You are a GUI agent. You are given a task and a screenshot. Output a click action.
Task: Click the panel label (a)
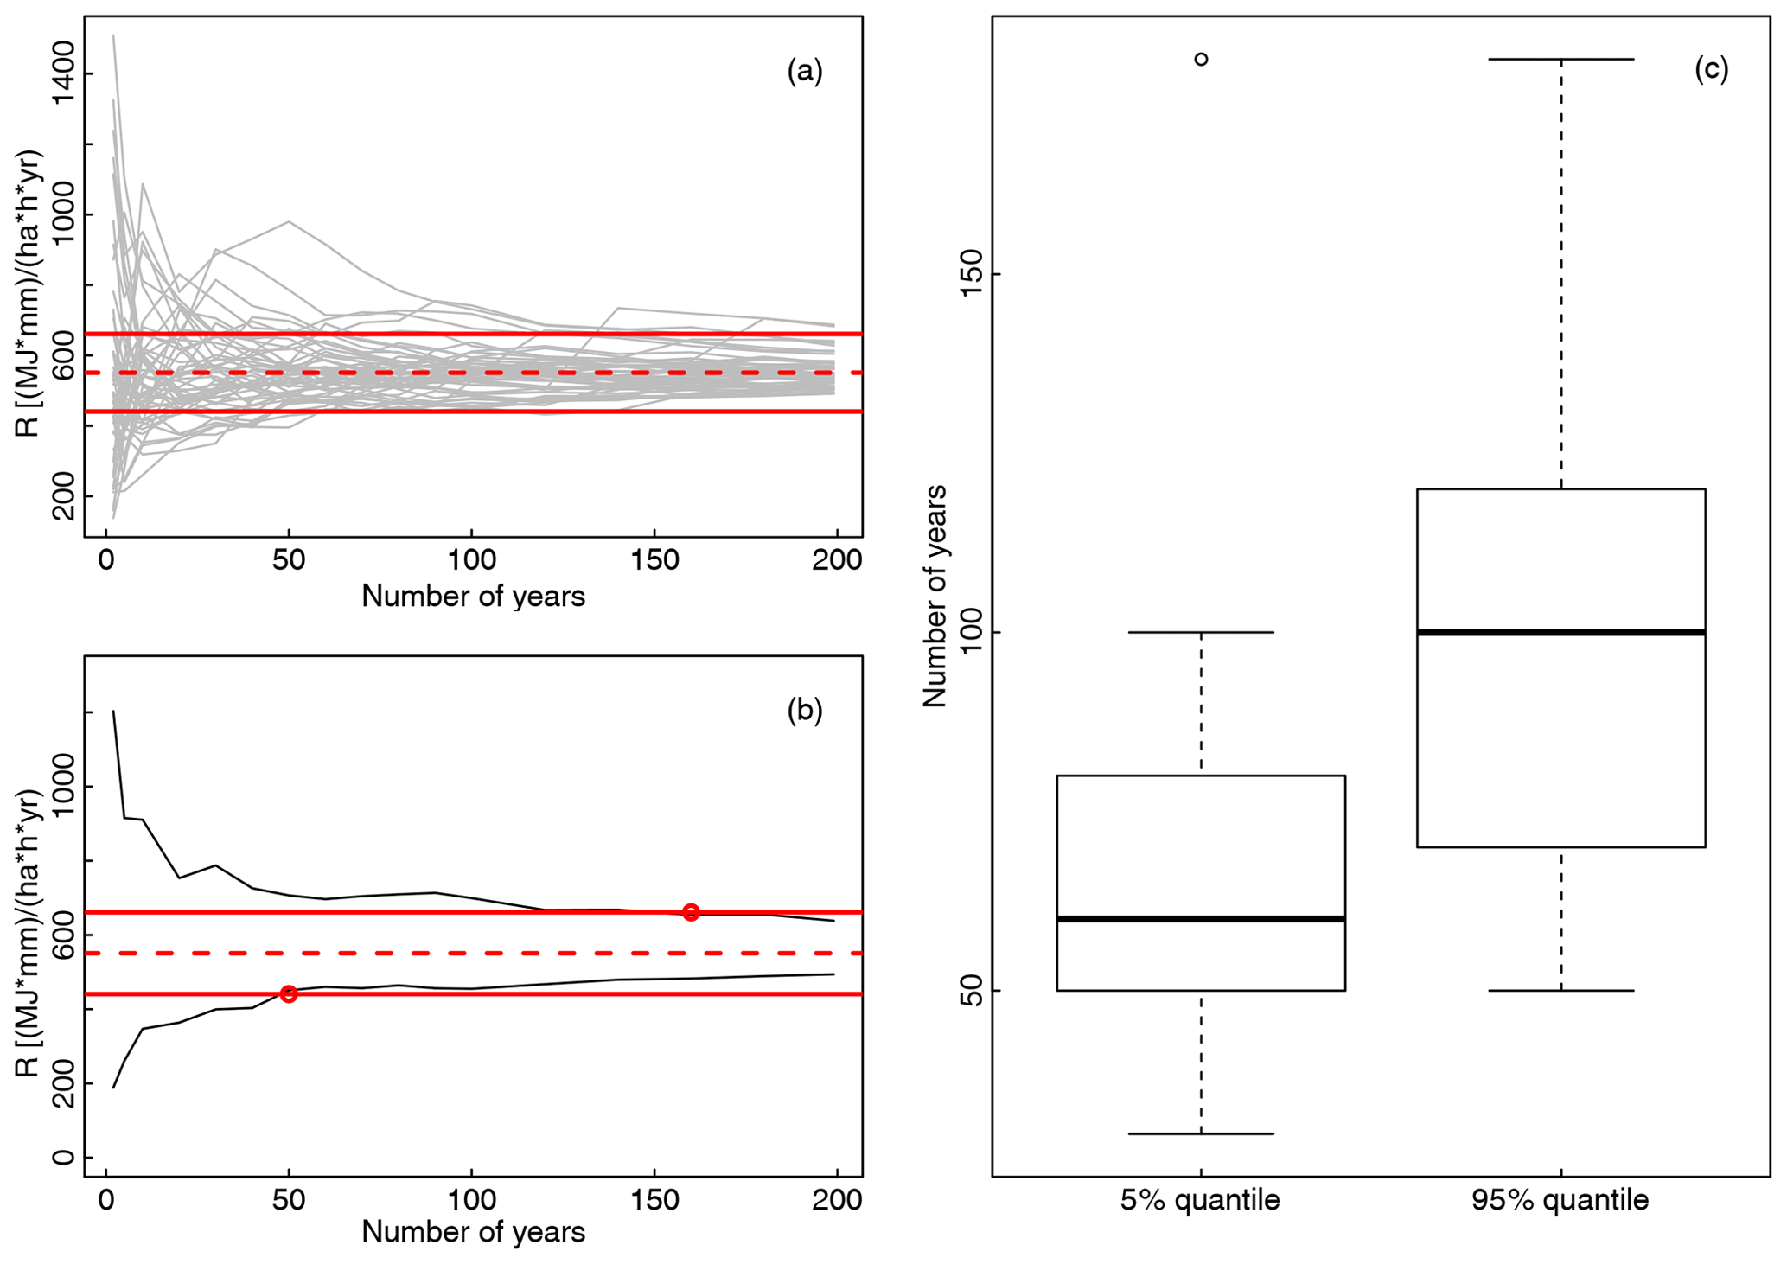[x=804, y=71]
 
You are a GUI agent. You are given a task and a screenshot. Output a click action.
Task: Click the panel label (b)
[x=804, y=710]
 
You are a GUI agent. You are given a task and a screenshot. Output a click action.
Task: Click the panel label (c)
[x=1711, y=68]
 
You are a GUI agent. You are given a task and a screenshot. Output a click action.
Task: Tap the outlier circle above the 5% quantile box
[x=1201, y=59]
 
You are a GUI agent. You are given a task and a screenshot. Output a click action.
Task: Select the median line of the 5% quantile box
[x=1201, y=918]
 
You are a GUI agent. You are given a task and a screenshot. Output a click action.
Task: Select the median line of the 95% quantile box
[x=1560, y=632]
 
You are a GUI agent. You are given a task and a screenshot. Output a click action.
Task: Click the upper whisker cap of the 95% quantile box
[x=1560, y=59]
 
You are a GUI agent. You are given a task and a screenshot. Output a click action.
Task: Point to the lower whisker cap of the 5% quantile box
[x=1201, y=1133]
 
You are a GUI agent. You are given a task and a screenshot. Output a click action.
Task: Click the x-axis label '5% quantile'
[x=1200, y=1200]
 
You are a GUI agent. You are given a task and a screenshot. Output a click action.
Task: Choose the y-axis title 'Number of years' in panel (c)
[x=935, y=596]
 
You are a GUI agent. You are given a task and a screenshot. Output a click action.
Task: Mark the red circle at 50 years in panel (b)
[x=289, y=994]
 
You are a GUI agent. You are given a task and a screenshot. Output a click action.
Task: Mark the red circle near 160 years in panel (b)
[x=691, y=912]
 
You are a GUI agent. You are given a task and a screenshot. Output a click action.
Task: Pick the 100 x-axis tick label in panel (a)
[x=471, y=560]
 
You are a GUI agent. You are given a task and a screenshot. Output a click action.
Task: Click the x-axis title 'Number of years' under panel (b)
[x=473, y=1232]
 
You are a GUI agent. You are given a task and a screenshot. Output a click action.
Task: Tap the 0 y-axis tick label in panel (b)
[x=64, y=1157]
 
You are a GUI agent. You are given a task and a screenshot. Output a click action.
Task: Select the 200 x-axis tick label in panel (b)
[x=838, y=1200]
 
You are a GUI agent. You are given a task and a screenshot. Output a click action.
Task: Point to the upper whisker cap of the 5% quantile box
[x=1201, y=632]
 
